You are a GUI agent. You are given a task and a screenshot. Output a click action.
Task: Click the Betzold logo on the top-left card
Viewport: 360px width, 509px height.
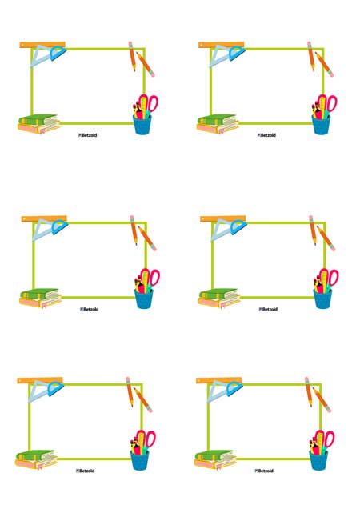coord(88,135)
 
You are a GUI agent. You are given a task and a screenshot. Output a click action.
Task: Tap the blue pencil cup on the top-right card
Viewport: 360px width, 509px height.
coord(321,124)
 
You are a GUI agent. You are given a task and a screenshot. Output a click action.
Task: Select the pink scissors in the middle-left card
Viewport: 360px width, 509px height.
coord(150,279)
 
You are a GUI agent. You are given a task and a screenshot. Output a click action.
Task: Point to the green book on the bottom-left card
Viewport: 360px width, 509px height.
coord(36,455)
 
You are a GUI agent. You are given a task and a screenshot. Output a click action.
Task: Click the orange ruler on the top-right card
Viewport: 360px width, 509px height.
coord(222,45)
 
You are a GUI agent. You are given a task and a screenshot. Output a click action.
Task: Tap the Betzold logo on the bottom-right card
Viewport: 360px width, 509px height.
coord(264,471)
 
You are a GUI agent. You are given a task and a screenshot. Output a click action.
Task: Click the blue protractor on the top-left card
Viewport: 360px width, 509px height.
coord(58,54)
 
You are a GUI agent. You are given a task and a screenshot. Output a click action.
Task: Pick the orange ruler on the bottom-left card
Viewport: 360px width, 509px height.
coord(40,380)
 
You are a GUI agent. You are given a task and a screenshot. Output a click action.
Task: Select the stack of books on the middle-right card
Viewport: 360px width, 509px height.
coord(219,298)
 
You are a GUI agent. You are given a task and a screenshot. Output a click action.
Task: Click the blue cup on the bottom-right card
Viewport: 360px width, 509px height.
coord(318,460)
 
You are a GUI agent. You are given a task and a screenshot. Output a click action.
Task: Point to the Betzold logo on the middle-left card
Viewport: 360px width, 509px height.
coord(90,310)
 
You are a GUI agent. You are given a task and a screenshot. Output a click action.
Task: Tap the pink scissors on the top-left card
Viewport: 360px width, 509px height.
coord(148,104)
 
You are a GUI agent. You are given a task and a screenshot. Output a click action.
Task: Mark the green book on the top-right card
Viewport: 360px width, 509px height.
coord(217,120)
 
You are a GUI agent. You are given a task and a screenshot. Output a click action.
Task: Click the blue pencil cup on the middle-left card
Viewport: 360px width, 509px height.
coord(144,299)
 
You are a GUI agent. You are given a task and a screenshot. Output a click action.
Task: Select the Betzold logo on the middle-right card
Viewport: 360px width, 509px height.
coord(268,310)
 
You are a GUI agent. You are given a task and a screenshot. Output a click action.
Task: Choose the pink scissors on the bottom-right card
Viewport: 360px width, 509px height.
coord(324,440)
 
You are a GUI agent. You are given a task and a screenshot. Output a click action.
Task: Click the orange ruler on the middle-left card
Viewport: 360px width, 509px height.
coord(44,219)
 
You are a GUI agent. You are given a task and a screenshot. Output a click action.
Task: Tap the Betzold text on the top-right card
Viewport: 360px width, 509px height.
coord(268,135)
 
